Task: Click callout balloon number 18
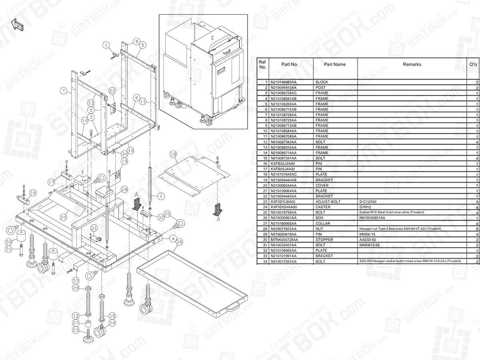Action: click(x=173, y=154)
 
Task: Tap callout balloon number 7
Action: click(x=64, y=91)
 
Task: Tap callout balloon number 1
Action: click(x=107, y=46)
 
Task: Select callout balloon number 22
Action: click(x=112, y=92)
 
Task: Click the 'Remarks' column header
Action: click(x=412, y=64)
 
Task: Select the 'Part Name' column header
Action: click(x=335, y=64)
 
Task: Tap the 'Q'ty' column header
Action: click(x=473, y=64)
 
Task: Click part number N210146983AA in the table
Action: click(x=283, y=82)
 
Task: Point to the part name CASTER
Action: click(x=323, y=207)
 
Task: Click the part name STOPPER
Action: click(x=324, y=240)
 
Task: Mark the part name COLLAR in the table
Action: click(x=323, y=223)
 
